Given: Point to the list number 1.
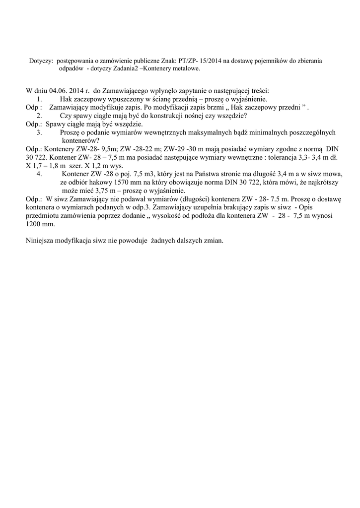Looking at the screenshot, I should coord(39,99).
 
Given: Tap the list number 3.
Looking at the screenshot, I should coord(39,132).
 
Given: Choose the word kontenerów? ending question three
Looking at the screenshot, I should coord(80,140).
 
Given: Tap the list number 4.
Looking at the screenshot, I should coord(39,174).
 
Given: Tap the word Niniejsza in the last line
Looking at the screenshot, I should coord(40,241).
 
